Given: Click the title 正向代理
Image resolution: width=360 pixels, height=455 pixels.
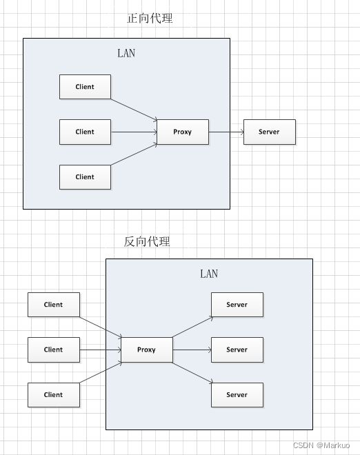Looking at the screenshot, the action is [150, 19].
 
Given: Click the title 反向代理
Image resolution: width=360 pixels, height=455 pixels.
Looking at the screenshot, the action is [147, 241].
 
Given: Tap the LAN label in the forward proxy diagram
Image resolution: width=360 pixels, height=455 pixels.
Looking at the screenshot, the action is [126, 53].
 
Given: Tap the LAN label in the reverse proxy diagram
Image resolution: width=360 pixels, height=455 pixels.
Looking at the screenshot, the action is [209, 274].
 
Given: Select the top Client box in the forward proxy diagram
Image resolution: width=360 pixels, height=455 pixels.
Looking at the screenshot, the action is [85, 87].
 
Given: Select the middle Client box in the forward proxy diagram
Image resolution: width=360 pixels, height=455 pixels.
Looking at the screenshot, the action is [85, 132].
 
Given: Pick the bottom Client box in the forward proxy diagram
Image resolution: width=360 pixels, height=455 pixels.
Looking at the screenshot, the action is [85, 177].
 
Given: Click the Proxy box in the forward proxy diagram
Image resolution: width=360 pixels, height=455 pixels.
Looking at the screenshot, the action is [183, 132].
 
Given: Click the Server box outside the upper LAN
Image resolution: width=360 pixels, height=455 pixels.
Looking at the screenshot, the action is [270, 132].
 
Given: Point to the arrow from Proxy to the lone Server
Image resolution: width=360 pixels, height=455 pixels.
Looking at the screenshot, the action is [226, 132].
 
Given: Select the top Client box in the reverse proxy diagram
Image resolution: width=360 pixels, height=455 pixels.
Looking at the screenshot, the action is [54, 305].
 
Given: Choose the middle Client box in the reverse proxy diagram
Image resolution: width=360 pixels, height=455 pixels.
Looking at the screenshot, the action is [54, 350].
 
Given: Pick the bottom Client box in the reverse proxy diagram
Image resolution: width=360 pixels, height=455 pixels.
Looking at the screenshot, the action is [54, 395].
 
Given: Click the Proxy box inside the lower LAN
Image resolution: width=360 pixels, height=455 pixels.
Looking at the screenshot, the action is [147, 350].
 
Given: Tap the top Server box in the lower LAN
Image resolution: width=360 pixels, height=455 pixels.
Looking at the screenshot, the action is [237, 305].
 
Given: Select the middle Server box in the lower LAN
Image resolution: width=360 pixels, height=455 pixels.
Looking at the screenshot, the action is [237, 350].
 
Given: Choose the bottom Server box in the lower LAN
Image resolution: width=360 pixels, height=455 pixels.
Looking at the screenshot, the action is [237, 395].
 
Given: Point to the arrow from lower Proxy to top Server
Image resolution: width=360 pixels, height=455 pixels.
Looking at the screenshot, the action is [193, 327].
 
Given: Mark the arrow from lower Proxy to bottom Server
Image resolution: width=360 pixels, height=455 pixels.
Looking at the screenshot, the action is [193, 372].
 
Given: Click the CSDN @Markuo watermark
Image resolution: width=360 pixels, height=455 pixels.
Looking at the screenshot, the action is [321, 445].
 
